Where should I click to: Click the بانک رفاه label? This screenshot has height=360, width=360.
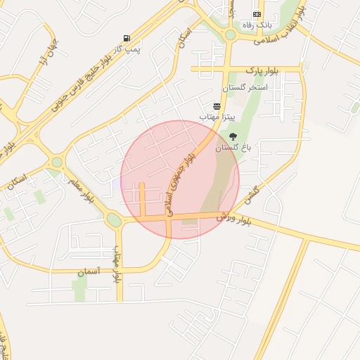255,25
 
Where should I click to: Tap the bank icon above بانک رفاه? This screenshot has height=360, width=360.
257,14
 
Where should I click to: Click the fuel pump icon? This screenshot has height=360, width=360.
126,38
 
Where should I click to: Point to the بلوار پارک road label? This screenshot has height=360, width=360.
262,71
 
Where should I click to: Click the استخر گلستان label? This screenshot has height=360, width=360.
245,86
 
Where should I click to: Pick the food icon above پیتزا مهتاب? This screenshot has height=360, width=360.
217,105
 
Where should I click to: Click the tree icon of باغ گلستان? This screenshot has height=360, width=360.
233,136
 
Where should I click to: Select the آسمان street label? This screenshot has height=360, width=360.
88,271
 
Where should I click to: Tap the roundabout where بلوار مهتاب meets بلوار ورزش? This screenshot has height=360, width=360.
113,220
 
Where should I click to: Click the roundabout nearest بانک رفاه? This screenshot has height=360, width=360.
230,34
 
